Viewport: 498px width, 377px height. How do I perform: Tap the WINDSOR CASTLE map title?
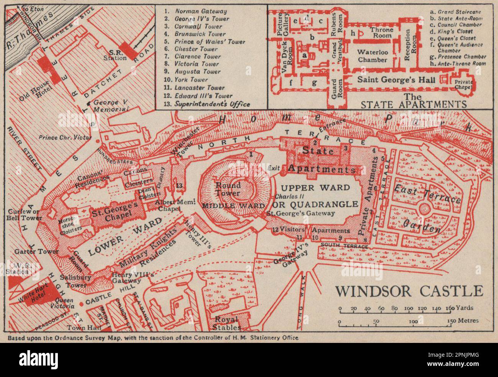coord(409,291)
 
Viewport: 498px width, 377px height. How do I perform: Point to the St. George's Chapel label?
coord(114,209)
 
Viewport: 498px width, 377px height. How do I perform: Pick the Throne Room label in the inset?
coord(383,33)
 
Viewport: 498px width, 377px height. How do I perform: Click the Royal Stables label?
coord(227,323)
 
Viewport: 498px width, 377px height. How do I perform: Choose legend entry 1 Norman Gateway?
coord(196,11)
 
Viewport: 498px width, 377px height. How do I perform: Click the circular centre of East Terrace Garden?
coord(425,209)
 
